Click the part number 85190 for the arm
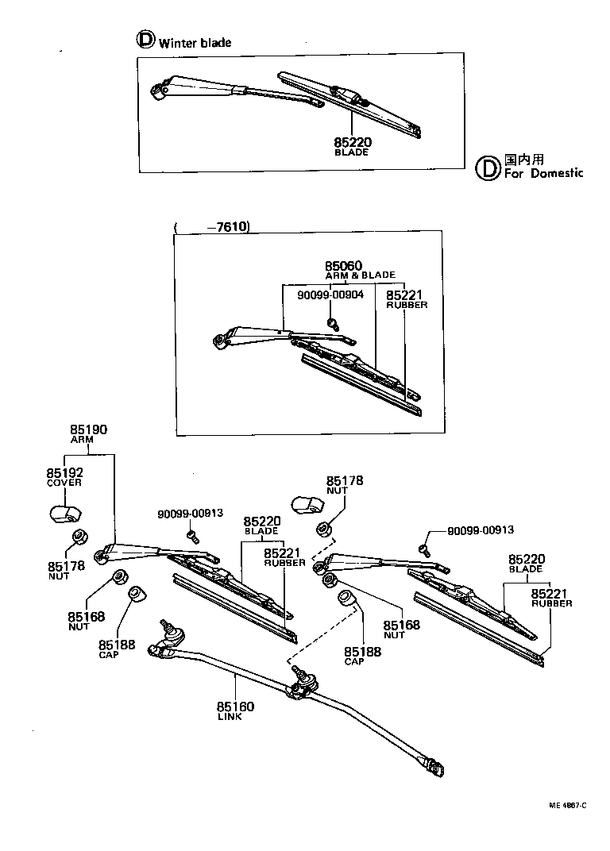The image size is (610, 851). (88, 430)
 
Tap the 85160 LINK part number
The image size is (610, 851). (235, 710)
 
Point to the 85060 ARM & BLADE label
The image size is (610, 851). (343, 270)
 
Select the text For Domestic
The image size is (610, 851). (543, 172)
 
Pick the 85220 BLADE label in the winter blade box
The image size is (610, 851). (353, 146)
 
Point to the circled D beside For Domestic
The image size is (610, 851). (487, 167)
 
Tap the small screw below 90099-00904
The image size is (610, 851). (334, 322)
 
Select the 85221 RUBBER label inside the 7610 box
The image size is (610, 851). (406, 299)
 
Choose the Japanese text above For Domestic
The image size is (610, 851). (523, 159)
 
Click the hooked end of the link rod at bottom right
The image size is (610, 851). (436, 768)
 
